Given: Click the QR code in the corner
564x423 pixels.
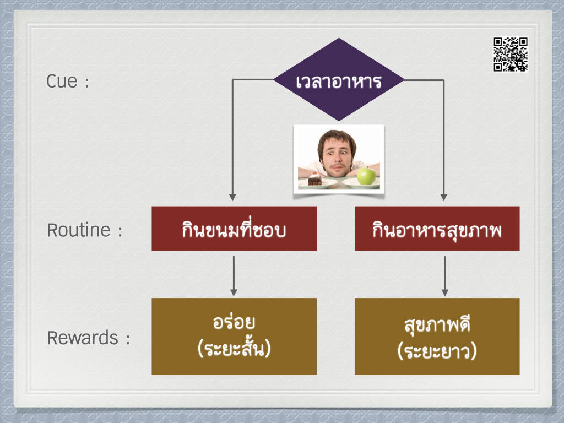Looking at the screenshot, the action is pos(511,55).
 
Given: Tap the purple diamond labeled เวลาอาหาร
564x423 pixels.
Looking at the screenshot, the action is pos(339,79).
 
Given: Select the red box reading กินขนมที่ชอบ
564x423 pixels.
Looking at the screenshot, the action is pos(234,229).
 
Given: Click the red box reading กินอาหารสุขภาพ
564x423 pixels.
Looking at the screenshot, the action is pos(437,229).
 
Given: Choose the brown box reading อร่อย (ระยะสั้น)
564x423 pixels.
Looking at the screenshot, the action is pos(234,337).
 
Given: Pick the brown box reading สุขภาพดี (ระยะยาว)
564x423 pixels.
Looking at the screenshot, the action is pos(437,337).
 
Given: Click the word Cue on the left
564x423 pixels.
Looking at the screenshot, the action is pos(62,82).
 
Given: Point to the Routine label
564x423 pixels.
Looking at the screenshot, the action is pos(78,230).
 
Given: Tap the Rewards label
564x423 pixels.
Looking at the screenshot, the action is pos(83,338).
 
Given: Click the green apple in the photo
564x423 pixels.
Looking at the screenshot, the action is pos(366,176).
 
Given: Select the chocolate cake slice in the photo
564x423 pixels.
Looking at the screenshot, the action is pos(314,179).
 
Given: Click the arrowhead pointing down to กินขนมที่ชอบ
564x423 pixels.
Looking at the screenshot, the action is pos(233,198).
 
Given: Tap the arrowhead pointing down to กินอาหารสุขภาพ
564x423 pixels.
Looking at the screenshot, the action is pos(444,198).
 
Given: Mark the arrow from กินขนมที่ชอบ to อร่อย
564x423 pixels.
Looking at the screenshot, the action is pos(234,276).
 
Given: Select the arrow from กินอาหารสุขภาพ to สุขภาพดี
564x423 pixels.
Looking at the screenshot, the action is pos(445,276).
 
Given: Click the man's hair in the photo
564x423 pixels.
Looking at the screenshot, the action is pos(337,138).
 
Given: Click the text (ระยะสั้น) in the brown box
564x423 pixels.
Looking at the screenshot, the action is pos(234,348).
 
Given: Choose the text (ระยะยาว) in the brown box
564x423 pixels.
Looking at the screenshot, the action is pos(437,351).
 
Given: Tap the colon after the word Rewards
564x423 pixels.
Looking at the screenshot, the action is pos(128,339).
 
